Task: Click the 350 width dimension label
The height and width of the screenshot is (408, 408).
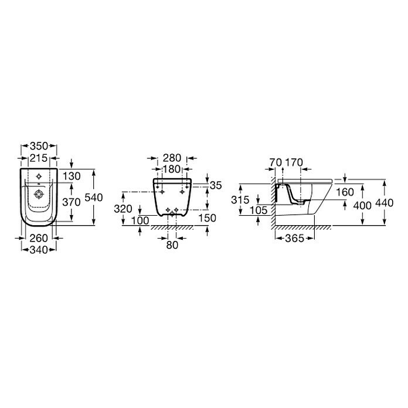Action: pos(39,146)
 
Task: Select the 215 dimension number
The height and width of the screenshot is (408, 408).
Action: pos(39,158)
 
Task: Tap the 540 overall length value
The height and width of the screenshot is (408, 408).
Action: pos(94,198)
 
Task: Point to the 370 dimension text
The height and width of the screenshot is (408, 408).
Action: pos(72,202)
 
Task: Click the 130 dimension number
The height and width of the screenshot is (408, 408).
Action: pos(72,176)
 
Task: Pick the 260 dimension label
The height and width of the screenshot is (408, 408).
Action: pos(39,238)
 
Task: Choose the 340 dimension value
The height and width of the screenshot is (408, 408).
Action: pos(39,250)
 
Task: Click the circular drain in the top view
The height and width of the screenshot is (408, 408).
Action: pos(39,194)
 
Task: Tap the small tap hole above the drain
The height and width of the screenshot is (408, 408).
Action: pos(39,176)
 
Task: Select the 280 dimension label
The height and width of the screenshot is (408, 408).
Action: pos(172,158)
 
